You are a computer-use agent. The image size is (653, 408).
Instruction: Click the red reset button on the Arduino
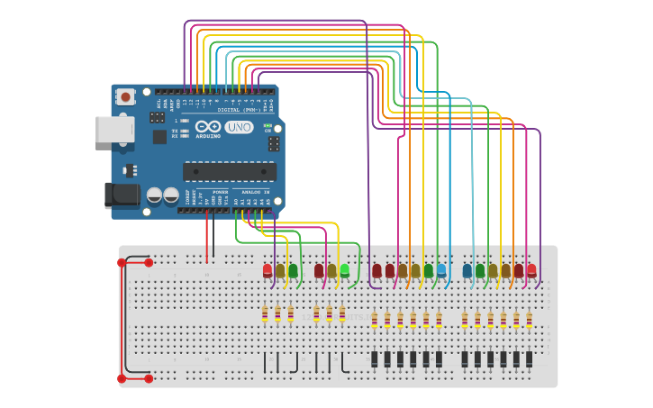pyautogui.click(x=126, y=96)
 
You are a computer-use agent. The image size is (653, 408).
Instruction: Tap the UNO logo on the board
pyautogui.click(x=239, y=128)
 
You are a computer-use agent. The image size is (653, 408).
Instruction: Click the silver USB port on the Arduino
pyautogui.click(x=113, y=130)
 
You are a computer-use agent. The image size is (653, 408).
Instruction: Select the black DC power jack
pyautogui.click(x=121, y=195)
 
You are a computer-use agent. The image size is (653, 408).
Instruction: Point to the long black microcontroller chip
pyautogui.click(x=230, y=171)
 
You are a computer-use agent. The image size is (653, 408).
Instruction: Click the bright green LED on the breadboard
pyautogui.click(x=345, y=269)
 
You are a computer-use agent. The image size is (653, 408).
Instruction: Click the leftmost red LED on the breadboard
pyautogui.click(x=268, y=270)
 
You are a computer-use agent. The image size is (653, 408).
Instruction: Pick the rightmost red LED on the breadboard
pyautogui.click(x=531, y=269)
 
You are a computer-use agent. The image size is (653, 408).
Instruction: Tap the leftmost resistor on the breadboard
pyautogui.click(x=265, y=313)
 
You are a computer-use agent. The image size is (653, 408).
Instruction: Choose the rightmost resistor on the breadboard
pyautogui.click(x=530, y=320)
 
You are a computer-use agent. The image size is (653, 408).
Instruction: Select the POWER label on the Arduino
pyautogui.click(x=220, y=192)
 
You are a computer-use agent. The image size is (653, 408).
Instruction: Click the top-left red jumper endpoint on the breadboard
pyautogui.click(x=122, y=263)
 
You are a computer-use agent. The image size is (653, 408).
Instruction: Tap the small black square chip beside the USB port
pyautogui.click(x=159, y=137)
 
